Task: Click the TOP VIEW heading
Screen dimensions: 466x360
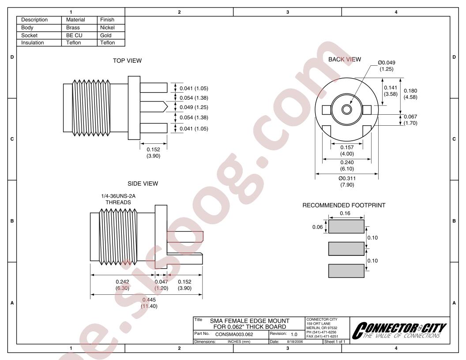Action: (127, 60)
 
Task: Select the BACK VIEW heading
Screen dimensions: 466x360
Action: (345, 60)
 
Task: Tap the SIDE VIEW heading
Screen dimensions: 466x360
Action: (143, 184)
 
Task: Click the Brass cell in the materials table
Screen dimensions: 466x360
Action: (73, 28)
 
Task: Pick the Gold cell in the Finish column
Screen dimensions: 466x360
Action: (106, 35)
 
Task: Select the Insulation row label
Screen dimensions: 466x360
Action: (32, 43)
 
